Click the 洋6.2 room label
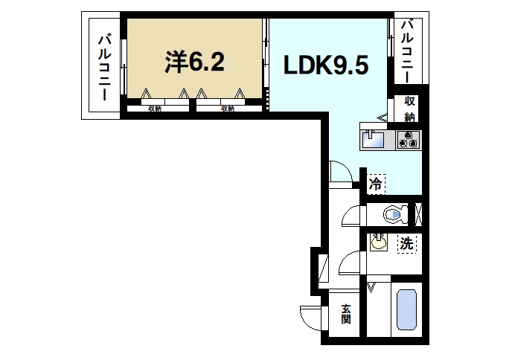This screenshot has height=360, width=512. click(194, 62)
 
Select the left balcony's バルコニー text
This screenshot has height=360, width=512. click(103, 68)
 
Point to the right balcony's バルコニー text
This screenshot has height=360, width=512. click(408, 51)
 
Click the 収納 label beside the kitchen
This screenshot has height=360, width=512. click(409, 109)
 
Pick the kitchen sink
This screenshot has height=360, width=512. click(373, 138)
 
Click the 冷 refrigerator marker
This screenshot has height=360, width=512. click(376, 183)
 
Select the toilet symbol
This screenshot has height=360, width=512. click(394, 214)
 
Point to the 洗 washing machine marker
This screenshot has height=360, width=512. click(406, 243)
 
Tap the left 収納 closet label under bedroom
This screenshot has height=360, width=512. click(155, 109)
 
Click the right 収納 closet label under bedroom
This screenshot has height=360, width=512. click(228, 109)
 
